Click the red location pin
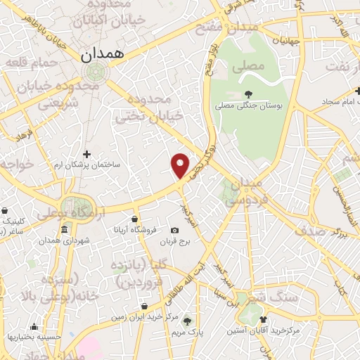181,165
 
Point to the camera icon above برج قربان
174,231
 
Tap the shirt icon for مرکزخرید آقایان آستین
262,319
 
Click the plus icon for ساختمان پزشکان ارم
86,153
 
